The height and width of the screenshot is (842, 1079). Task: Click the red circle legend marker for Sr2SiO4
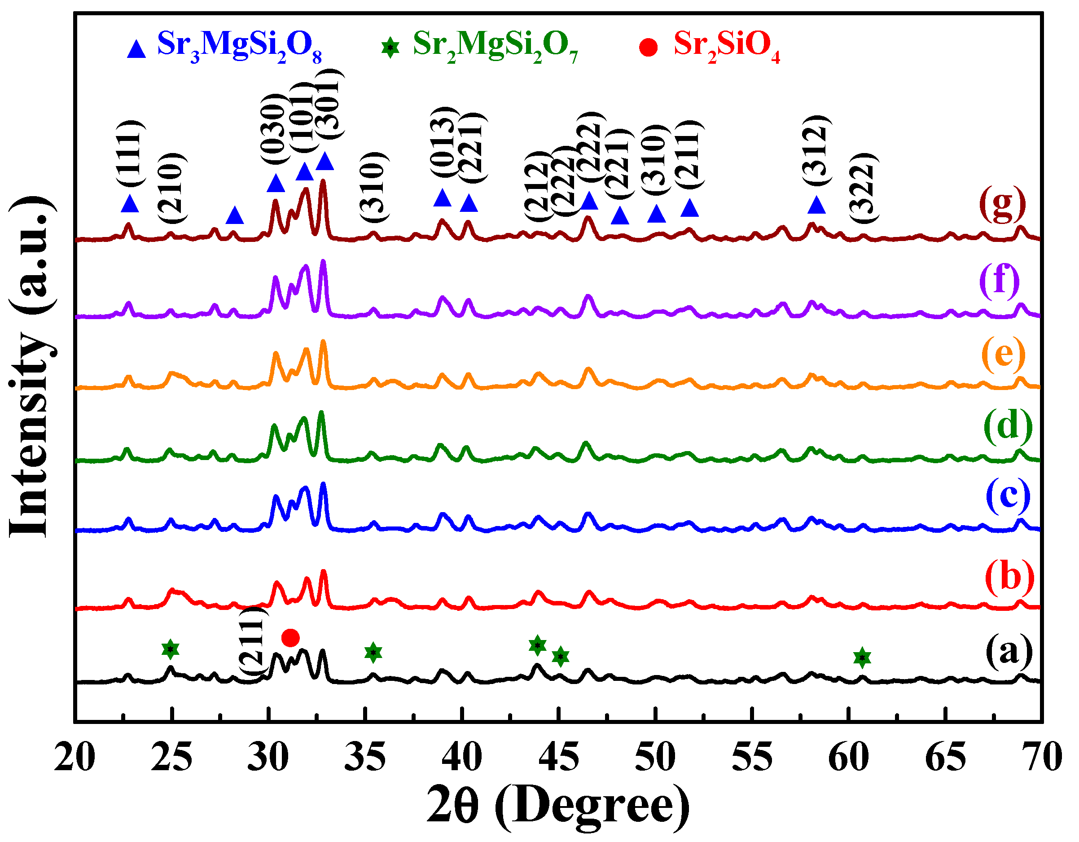(x=648, y=48)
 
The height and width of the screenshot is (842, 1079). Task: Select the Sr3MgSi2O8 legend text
(x=240, y=45)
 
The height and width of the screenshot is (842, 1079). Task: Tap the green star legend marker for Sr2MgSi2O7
(x=390, y=48)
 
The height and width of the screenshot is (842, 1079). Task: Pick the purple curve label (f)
(x=1000, y=281)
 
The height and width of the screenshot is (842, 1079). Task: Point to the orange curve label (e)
(x=1003, y=354)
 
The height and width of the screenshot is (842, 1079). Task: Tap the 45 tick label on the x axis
(x=558, y=757)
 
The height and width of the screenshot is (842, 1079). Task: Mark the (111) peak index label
(x=130, y=153)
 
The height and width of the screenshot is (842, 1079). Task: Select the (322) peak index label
(x=863, y=188)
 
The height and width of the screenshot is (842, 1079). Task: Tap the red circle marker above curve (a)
(x=290, y=637)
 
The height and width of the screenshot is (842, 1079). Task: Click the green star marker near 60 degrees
(x=862, y=658)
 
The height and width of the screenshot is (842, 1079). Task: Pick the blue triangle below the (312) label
(x=816, y=205)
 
